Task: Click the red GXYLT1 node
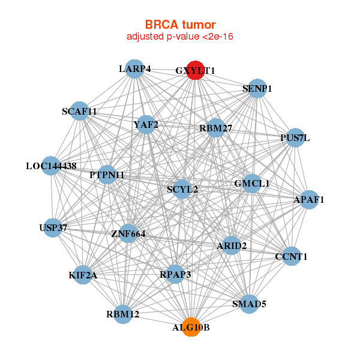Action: click(x=195, y=70)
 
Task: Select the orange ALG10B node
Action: click(x=191, y=327)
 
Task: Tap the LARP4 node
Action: click(x=134, y=68)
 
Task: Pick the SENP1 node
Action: click(x=257, y=89)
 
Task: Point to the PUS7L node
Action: click(x=295, y=137)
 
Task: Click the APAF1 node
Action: click(x=308, y=199)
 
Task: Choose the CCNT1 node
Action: click(x=291, y=256)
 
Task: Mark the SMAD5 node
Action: click(x=249, y=304)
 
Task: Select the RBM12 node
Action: click(x=122, y=314)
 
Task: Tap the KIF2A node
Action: click(x=83, y=275)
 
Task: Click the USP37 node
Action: click(x=53, y=227)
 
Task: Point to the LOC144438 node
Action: click(x=51, y=166)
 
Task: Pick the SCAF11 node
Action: click(x=79, y=111)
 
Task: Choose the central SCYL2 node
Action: click(x=182, y=190)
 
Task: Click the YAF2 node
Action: click(x=146, y=125)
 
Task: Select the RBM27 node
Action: click(x=215, y=128)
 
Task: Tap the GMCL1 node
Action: click(x=251, y=183)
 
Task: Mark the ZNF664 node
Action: click(x=128, y=233)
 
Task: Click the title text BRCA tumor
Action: click(x=180, y=25)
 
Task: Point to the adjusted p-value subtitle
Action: click(x=180, y=37)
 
